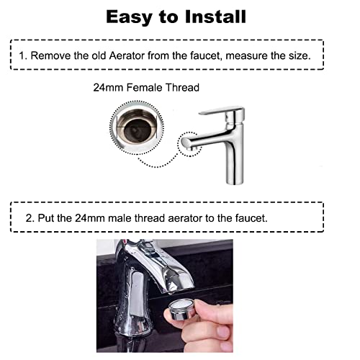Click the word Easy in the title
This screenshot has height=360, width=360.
[x=130, y=16]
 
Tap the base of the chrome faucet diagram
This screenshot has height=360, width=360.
[x=232, y=181]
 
